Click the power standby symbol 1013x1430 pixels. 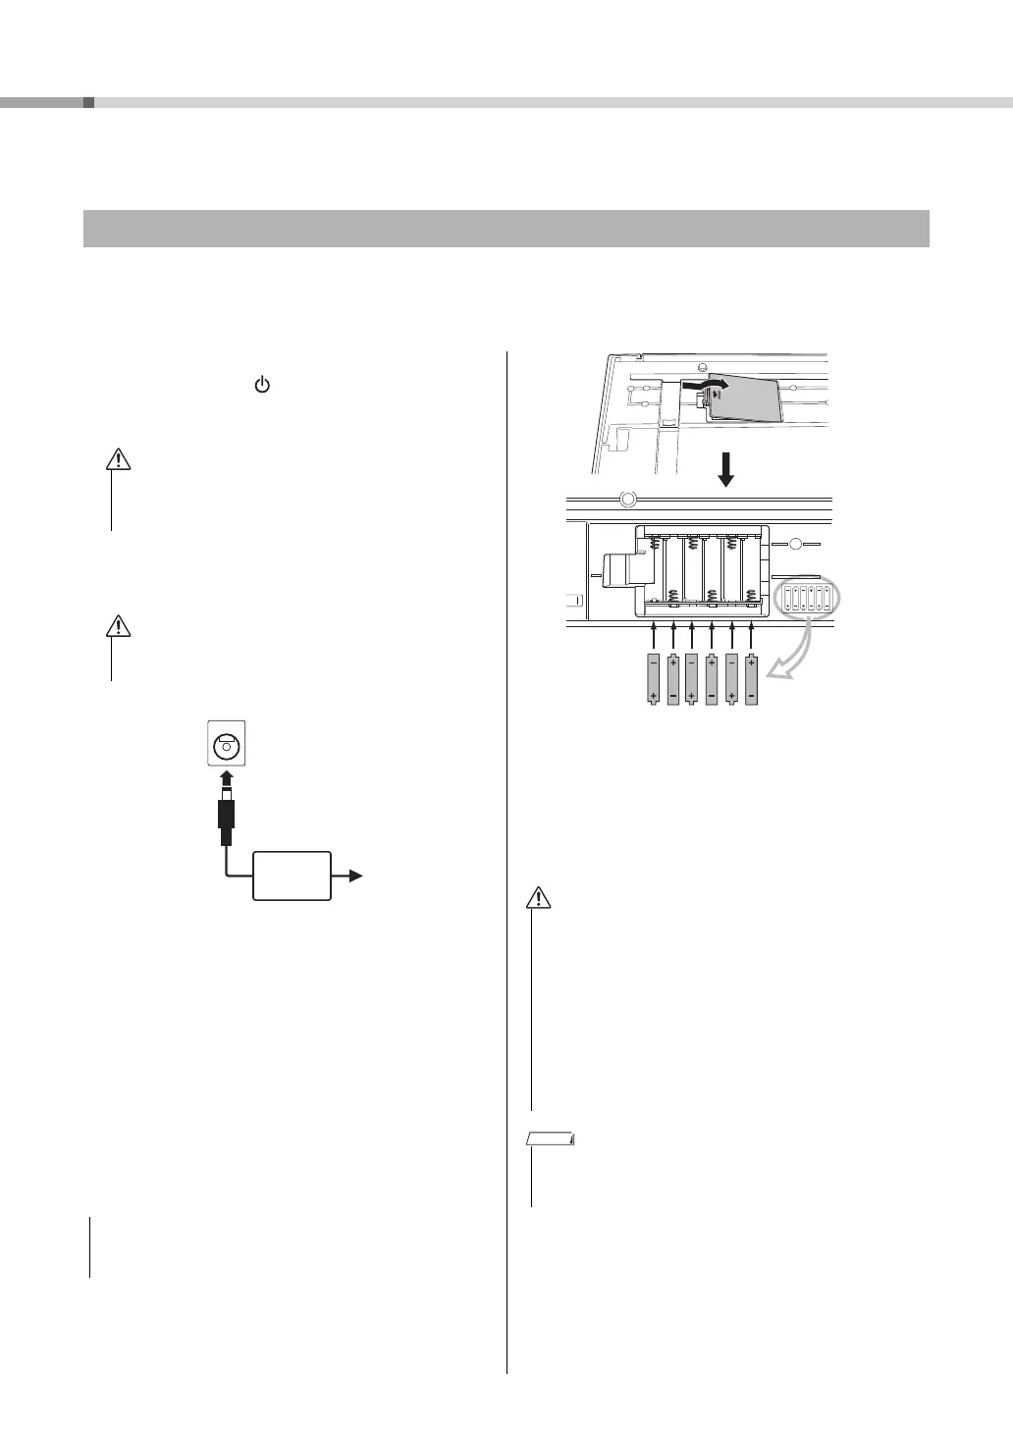coord(262,386)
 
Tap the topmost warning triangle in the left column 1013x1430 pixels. coord(118,458)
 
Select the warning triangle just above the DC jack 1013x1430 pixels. coord(118,625)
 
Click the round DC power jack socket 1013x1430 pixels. coord(226,745)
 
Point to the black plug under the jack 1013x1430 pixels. coord(226,820)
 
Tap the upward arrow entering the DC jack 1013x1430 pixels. coord(226,781)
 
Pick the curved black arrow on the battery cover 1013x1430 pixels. coord(710,387)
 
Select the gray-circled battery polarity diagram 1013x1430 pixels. coord(810,598)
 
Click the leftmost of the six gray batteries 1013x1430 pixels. coord(654,679)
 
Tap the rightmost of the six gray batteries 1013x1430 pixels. coord(751,679)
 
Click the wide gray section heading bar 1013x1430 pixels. coord(506,229)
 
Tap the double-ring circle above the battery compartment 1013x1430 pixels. coord(628,499)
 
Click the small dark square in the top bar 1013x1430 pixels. coord(88,102)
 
